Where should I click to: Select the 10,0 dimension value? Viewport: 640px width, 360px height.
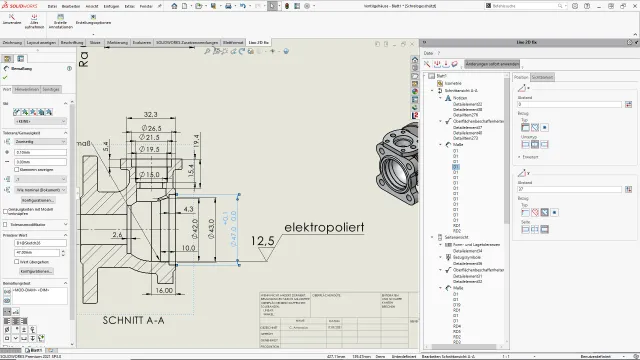tap(189, 246)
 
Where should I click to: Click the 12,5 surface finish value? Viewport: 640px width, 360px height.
tap(263, 241)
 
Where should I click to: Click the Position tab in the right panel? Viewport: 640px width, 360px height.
tap(521, 77)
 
